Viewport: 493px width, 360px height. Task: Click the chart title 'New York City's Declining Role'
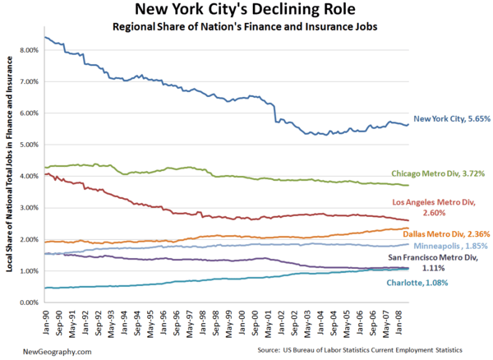pyautogui.click(x=246, y=11)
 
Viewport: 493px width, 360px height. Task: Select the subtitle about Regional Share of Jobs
pyautogui.click(x=246, y=29)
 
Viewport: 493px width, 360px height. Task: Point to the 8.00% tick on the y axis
pyautogui.click(x=27, y=50)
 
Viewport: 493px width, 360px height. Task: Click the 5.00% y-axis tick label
pyautogui.click(x=27, y=145)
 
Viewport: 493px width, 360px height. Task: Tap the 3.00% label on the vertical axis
pyautogui.click(x=27, y=208)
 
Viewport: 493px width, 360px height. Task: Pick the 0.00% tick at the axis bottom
pyautogui.click(x=27, y=302)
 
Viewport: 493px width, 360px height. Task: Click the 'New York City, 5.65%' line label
pyautogui.click(x=451, y=119)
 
